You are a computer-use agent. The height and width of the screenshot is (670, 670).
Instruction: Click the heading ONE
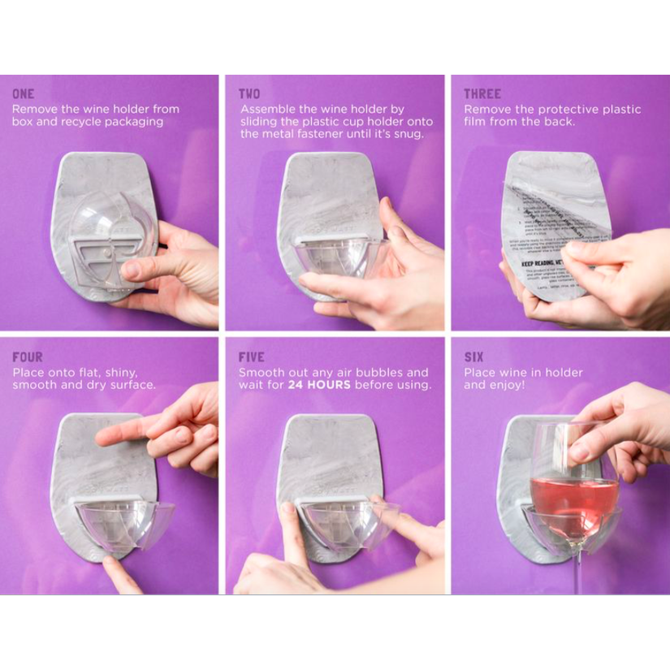click(x=23, y=94)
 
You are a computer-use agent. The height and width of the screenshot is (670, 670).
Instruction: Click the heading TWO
click(x=249, y=94)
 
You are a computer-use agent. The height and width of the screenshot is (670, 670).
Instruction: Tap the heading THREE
click(x=482, y=94)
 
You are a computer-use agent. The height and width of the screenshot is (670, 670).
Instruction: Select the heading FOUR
click(x=28, y=357)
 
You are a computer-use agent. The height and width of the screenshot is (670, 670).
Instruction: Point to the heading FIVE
click(x=252, y=357)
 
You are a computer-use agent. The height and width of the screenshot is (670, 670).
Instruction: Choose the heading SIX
click(x=473, y=357)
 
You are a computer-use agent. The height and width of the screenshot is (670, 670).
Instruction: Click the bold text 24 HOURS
click(x=319, y=385)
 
